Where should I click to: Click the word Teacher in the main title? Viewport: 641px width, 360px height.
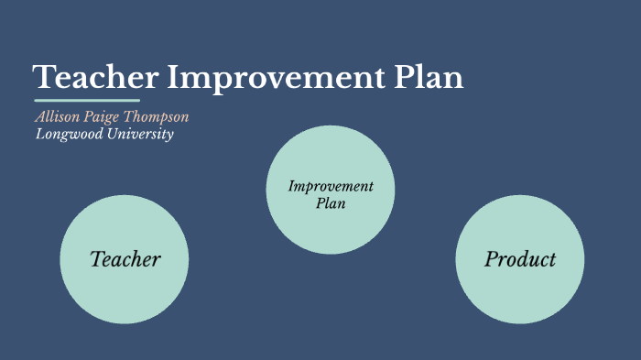click(x=95, y=78)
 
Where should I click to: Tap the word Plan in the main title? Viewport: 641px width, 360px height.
click(x=430, y=78)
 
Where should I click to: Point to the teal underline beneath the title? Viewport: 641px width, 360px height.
click(x=87, y=100)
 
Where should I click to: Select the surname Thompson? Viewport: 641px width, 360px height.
click(x=157, y=118)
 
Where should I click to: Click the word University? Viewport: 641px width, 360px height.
click(x=141, y=135)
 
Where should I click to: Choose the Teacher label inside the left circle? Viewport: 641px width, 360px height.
click(x=125, y=259)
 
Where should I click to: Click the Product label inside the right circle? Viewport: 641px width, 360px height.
click(x=519, y=259)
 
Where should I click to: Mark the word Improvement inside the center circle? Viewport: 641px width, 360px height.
click(x=331, y=187)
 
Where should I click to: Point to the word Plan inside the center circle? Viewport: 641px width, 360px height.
click(x=331, y=203)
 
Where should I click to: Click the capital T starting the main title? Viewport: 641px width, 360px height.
click(x=43, y=78)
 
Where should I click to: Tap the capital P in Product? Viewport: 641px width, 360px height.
click(x=490, y=259)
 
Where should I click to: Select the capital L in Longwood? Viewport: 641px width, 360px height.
click(x=40, y=135)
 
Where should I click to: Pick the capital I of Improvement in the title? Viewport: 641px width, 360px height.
click(x=171, y=78)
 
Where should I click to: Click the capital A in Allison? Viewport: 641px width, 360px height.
click(x=40, y=117)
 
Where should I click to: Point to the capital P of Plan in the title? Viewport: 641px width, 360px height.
click(x=407, y=78)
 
